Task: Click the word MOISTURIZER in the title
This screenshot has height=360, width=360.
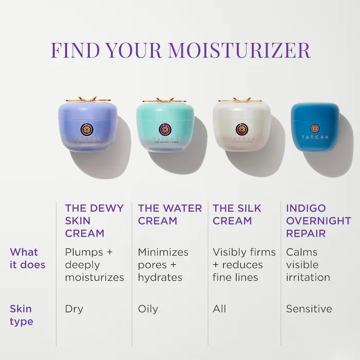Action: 239,50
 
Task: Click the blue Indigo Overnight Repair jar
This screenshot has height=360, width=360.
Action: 315,126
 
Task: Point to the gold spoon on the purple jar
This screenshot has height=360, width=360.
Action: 87,99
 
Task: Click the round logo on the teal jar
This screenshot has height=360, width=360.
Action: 165,129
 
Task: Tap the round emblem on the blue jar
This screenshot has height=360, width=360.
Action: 315,128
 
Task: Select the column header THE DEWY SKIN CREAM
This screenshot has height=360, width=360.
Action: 94,221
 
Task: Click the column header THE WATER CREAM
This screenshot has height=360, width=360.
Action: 170,214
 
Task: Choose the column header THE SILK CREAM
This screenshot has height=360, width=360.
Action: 237,214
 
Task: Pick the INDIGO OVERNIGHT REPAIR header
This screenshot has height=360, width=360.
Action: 318,221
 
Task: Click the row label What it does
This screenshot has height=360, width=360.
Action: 27,259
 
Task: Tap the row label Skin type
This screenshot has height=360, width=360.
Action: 21,315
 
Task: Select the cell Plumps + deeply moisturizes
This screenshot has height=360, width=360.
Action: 94,265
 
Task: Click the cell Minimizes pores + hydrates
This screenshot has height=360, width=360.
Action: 163,265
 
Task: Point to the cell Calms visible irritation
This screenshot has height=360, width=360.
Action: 308,265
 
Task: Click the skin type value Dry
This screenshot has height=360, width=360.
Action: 74,309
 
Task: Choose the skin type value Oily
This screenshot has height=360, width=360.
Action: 148,309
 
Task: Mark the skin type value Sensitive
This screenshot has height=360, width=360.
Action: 309,309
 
